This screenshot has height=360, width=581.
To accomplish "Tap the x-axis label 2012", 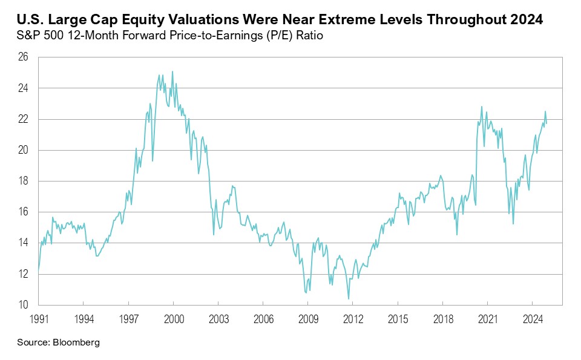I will (352, 317).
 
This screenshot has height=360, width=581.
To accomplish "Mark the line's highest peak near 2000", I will (172, 71).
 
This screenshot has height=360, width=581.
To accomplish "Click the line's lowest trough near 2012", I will (349, 298).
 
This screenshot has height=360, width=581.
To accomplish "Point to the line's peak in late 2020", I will (482, 106).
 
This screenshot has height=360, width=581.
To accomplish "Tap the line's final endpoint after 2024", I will (547, 124).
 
